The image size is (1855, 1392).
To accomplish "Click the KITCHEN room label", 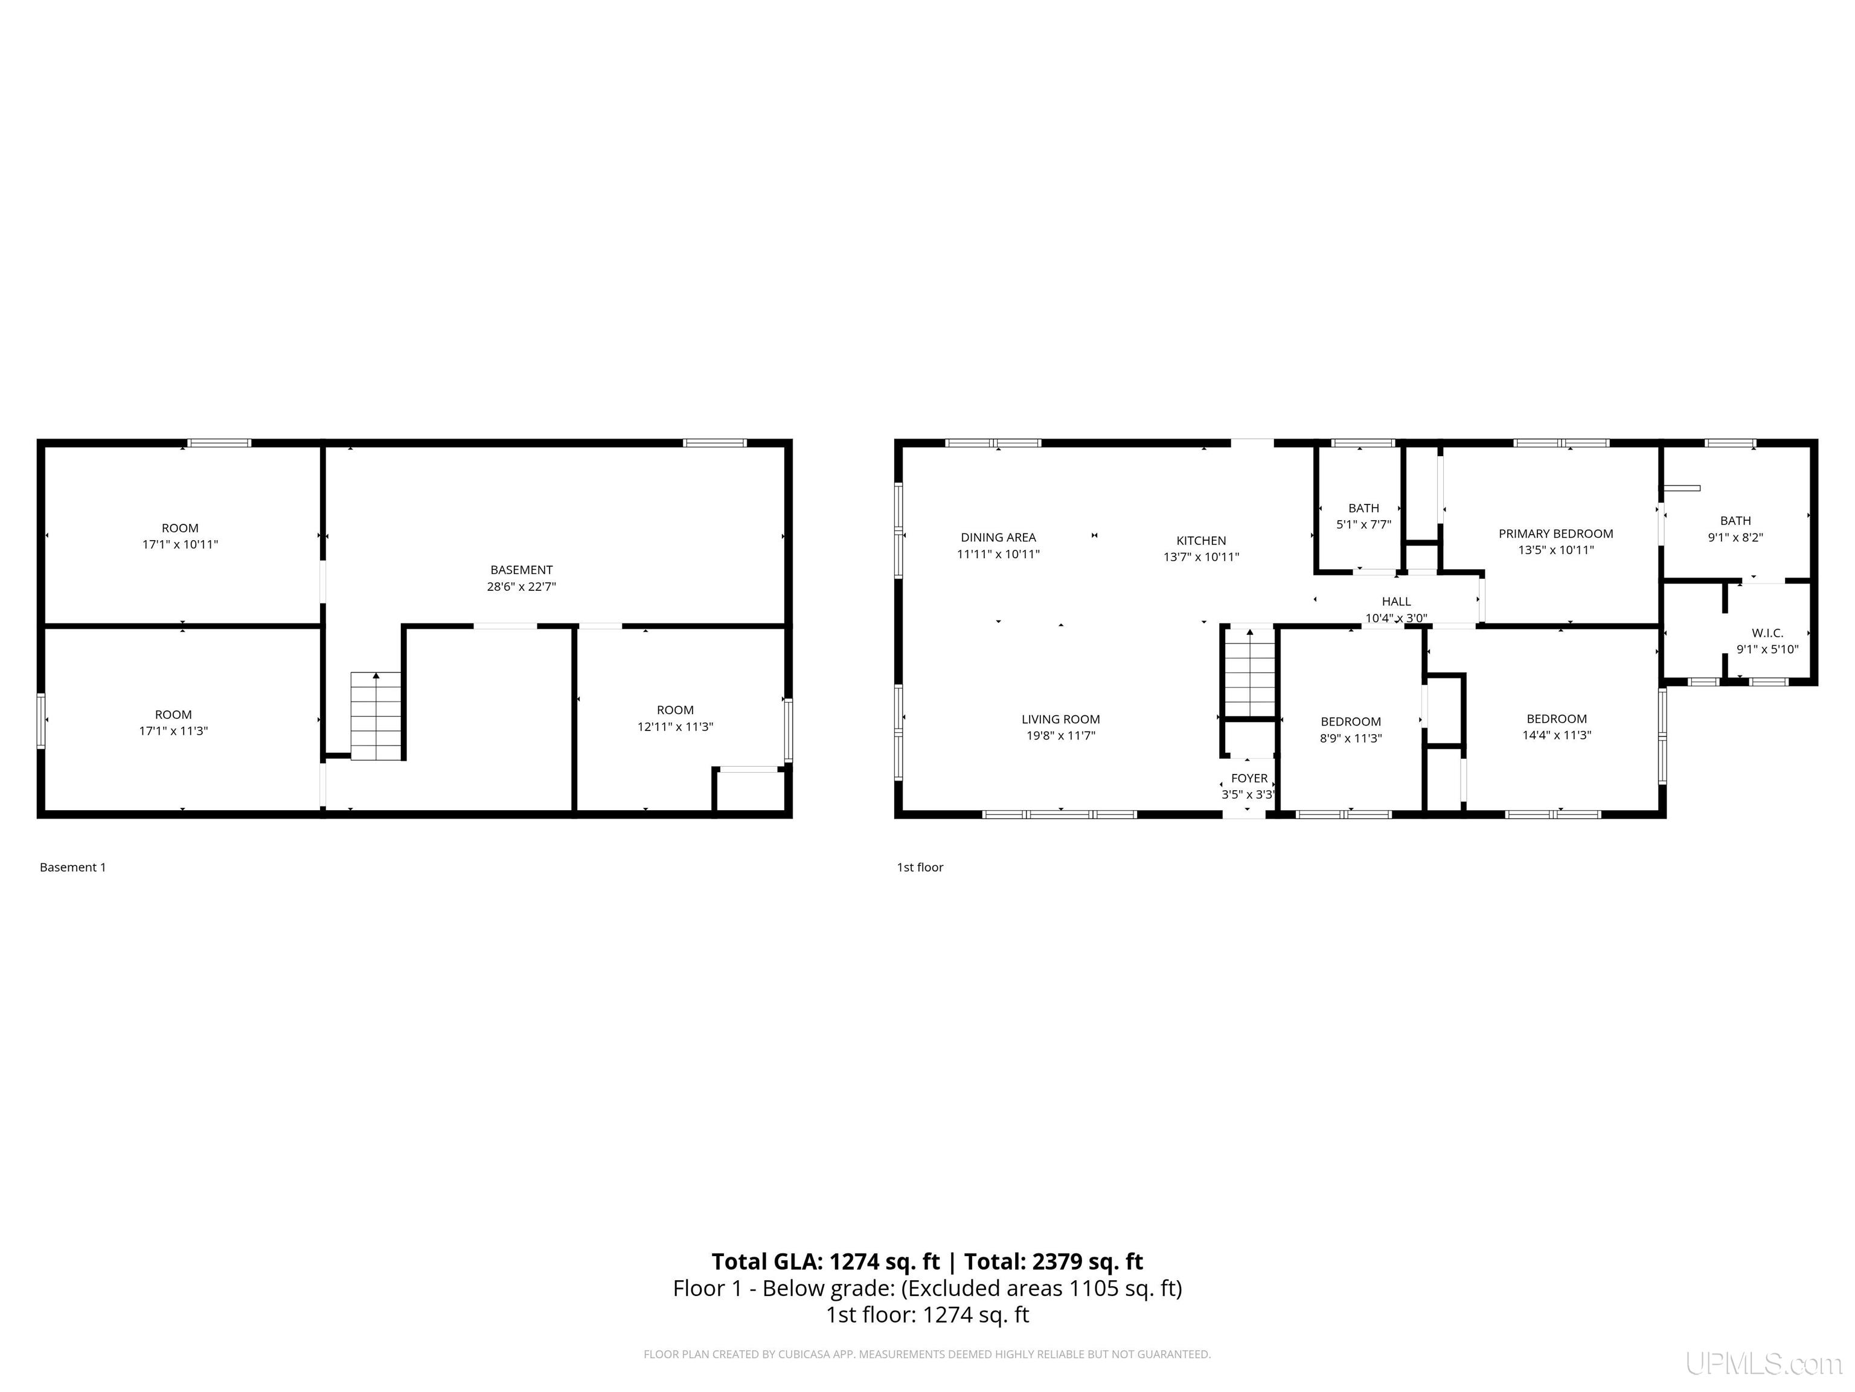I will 1201,540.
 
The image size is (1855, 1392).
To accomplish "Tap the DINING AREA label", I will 998,537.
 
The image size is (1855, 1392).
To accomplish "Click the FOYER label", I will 1249,778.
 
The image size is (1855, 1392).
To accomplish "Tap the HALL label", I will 1396,601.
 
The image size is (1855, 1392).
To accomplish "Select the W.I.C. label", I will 1767,633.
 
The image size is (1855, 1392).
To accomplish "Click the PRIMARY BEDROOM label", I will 1555,533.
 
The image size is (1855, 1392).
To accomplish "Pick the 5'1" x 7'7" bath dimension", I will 1363,524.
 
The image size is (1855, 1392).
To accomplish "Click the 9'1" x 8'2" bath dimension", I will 1735,538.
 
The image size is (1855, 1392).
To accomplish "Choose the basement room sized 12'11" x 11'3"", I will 675,718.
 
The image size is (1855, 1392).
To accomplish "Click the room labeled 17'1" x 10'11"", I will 181,536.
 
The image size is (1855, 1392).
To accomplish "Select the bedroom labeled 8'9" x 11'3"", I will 1350,730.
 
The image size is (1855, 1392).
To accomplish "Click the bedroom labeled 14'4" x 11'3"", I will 1557,727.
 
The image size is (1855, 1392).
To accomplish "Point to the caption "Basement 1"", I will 73,868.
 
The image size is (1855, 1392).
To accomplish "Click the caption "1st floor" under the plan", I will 920,868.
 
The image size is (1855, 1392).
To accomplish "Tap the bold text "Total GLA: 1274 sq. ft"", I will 825,1261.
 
